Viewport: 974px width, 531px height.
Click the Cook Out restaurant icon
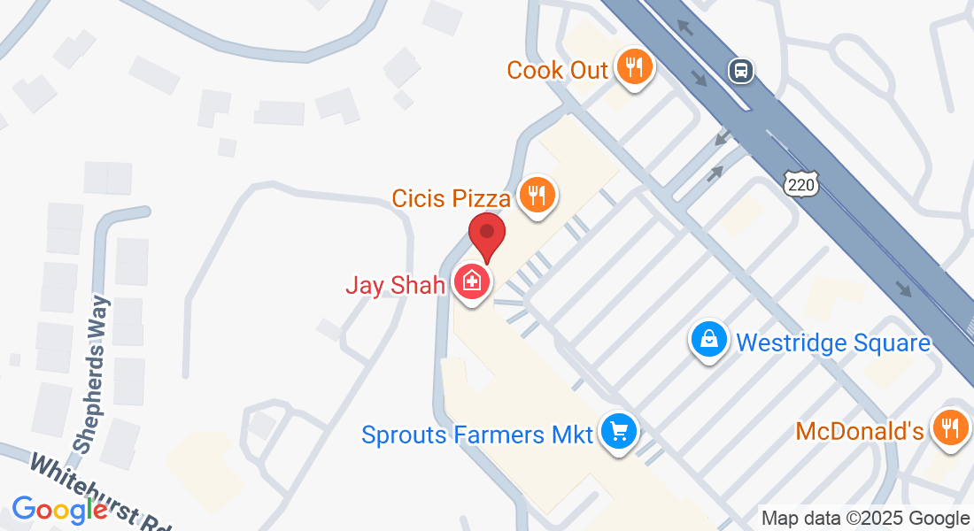[633, 66]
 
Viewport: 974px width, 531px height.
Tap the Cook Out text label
[558, 70]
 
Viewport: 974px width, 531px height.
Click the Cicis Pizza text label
[452, 197]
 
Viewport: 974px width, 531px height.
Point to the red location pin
[486, 235]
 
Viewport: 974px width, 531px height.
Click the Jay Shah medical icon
[472, 282]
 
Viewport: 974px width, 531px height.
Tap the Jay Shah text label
[396, 286]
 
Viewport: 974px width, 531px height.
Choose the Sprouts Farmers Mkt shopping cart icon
[618, 432]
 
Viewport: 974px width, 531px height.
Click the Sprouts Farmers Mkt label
[478, 435]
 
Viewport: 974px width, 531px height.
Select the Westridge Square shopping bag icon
[709, 338]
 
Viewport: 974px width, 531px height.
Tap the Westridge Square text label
[833, 342]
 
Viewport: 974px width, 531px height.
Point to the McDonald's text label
[860, 432]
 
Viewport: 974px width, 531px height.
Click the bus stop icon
[741, 70]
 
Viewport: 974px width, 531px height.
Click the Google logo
[59, 510]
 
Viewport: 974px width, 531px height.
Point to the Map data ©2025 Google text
[866, 519]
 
